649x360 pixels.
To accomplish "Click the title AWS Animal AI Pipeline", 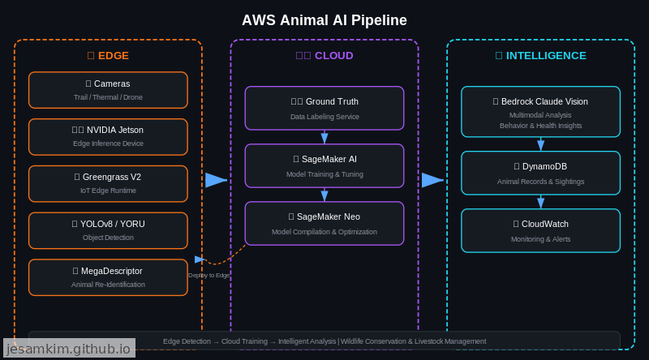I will pos(324,20).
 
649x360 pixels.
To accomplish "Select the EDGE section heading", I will pos(108,56).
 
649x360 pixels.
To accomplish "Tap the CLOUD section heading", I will pos(324,56).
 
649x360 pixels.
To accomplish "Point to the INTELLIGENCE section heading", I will pos(540,56).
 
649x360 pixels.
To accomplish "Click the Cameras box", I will pos(108,90).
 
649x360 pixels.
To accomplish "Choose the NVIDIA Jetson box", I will pos(108,136).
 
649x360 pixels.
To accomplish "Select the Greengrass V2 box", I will pos(108,183).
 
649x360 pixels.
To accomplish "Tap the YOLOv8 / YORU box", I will pos(108,230).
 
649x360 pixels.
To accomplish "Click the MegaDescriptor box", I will pos(108,277).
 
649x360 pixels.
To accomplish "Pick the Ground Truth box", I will pos(324,108).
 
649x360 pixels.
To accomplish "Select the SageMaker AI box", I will pos(324,165).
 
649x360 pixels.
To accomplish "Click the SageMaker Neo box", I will pos(324,223).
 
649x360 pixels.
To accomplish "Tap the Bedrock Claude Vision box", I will pos(540,112).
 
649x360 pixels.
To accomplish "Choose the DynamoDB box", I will pos(540,173).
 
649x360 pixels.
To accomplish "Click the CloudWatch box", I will pos(540,230).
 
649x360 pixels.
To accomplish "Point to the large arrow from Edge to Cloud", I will pos(216,180).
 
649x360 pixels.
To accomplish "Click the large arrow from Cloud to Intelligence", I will pos(432,180).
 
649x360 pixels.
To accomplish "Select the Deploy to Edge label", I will pos(209,276).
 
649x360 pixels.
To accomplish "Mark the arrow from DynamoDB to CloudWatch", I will pos(540,202).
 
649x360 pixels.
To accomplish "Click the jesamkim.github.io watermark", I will pos(69,349).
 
